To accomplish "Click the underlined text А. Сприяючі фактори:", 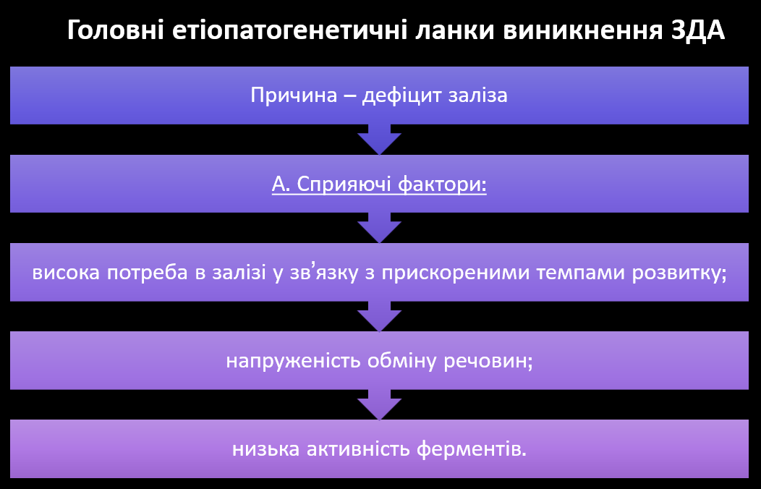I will pyautogui.click(x=379, y=184).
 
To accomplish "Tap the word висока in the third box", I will pyautogui.click(x=66, y=273).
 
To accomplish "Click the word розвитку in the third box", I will pyautogui.click(x=684, y=273).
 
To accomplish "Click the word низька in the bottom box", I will pyautogui.click(x=261, y=450).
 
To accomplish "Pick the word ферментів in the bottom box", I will pyautogui.click(x=471, y=450).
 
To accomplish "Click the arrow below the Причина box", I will pyautogui.click(x=379, y=140).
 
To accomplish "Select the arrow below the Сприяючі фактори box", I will pyautogui.click(x=379, y=228).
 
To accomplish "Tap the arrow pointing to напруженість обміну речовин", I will pyautogui.click(x=379, y=316).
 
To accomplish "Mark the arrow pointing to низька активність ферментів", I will pyautogui.click(x=379, y=404).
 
